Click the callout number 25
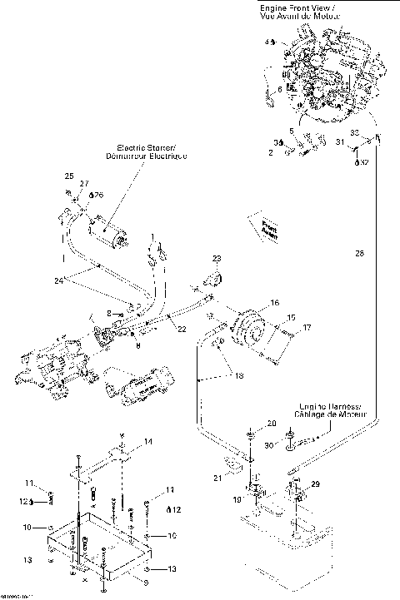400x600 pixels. pos(69,175)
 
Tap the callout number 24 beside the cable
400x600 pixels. pos(58,280)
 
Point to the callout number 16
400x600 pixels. pos(274,303)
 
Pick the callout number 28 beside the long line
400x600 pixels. pos(359,252)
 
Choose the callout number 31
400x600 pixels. pos(339,144)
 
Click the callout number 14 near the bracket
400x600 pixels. pos(147,441)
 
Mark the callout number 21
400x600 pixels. pos(217,478)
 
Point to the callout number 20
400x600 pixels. pos(270,424)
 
